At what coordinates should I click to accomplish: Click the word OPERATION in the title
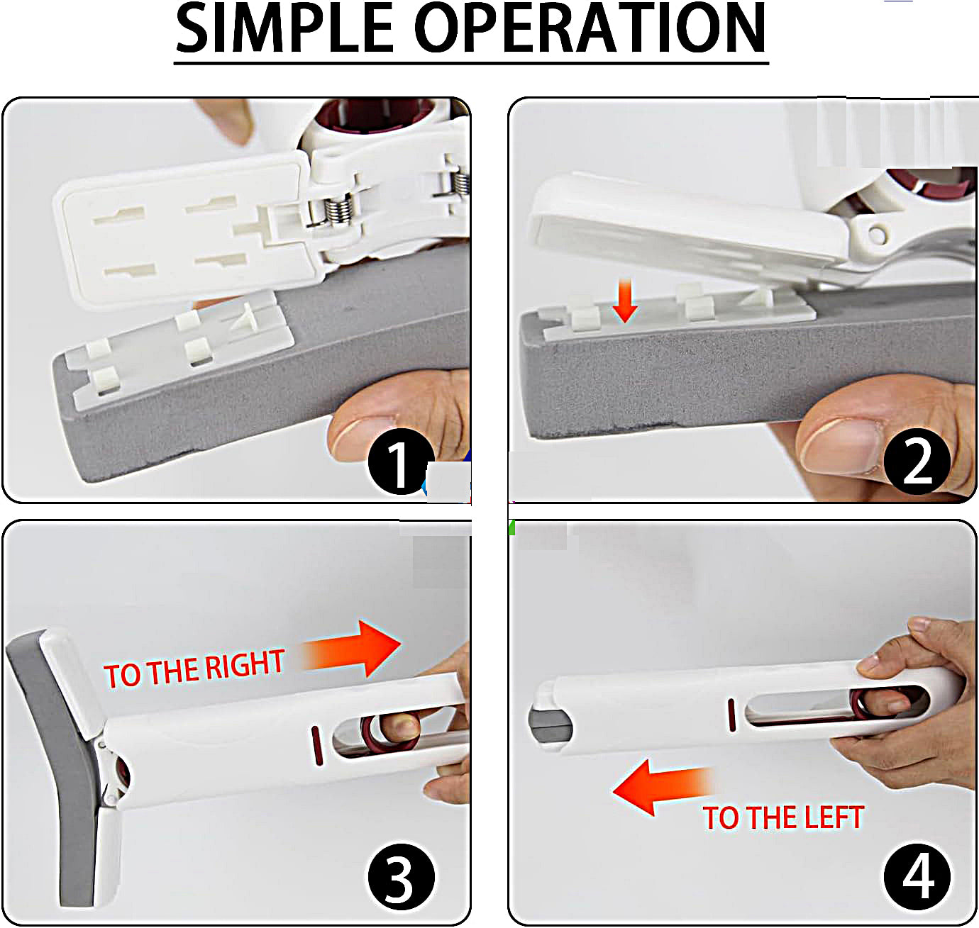pyautogui.click(x=590, y=28)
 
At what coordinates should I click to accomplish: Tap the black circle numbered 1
pyautogui.click(x=401, y=462)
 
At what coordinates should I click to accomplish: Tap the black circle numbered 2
pyautogui.click(x=917, y=462)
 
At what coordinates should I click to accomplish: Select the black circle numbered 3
pyautogui.click(x=401, y=876)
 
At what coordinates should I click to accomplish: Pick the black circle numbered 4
pyautogui.click(x=917, y=876)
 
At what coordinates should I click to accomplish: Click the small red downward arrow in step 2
pyautogui.click(x=625, y=301)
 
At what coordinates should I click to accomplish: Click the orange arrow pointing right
pyautogui.click(x=351, y=649)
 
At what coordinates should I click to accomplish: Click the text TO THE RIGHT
pyautogui.click(x=194, y=669)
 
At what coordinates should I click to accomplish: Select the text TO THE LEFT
pyautogui.click(x=783, y=817)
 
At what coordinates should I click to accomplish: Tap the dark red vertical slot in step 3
pyautogui.click(x=316, y=745)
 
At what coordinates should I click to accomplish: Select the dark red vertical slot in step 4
pyautogui.click(x=731, y=715)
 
